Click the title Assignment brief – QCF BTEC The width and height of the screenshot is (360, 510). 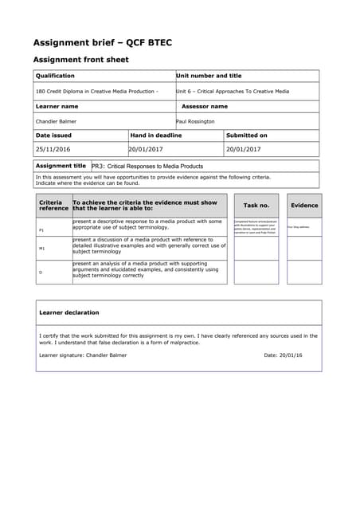102,42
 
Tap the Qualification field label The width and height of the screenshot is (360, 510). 55,76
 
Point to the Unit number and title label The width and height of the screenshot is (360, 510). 209,76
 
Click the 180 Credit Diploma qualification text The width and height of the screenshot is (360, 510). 96,91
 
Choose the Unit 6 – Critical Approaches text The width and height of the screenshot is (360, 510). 233,91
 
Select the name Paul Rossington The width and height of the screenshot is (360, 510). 195,121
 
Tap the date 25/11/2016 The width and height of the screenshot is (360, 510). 53,149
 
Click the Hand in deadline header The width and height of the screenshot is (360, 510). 156,135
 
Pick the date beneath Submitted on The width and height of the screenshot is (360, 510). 243,149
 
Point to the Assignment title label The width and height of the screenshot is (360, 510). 61,166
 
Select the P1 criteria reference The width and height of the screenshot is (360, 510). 41,230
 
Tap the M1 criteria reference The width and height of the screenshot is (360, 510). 41,249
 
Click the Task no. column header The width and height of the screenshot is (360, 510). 256,206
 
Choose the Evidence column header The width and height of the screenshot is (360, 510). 304,206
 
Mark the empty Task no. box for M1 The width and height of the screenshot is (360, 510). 256,248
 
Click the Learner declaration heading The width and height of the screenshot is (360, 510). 69,312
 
